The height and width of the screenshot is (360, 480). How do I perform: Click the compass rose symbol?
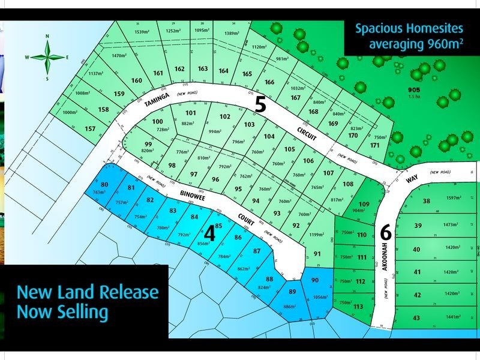[47, 57]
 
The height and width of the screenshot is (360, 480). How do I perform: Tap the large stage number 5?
[260, 105]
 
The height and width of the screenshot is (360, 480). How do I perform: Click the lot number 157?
[91, 129]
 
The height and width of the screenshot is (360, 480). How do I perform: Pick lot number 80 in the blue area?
[105, 184]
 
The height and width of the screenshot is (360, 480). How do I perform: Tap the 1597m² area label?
[455, 199]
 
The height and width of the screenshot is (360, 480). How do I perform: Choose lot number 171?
[376, 145]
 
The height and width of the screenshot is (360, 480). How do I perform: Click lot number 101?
[191, 113]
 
